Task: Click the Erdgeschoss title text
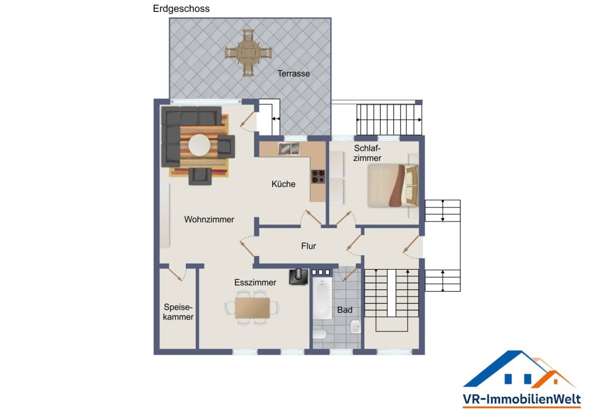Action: [181, 9]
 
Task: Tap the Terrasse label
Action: [293, 74]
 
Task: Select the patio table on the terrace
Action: [248, 53]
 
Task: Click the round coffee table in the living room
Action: [199, 145]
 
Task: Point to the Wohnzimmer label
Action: [209, 219]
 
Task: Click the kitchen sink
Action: [289, 149]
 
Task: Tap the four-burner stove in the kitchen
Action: [318, 176]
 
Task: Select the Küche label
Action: [283, 184]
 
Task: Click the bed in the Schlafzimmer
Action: [393, 185]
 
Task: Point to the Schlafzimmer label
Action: [367, 153]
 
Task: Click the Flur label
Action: [308, 246]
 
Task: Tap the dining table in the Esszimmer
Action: [252, 308]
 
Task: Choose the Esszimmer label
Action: [255, 283]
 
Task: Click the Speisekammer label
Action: [178, 312]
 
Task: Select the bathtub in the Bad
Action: [323, 299]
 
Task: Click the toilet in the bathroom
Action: [320, 334]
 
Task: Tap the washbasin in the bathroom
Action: [355, 327]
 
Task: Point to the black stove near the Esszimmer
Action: [299, 276]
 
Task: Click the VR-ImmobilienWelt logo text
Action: [522, 399]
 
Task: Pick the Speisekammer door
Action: [177, 274]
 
